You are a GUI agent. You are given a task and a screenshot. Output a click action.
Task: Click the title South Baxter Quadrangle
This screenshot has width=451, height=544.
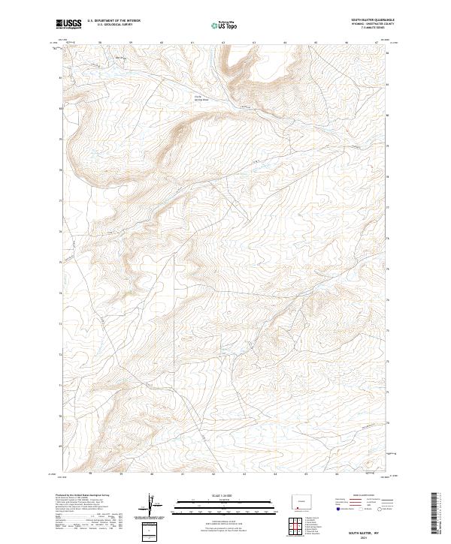pos(373,20)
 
